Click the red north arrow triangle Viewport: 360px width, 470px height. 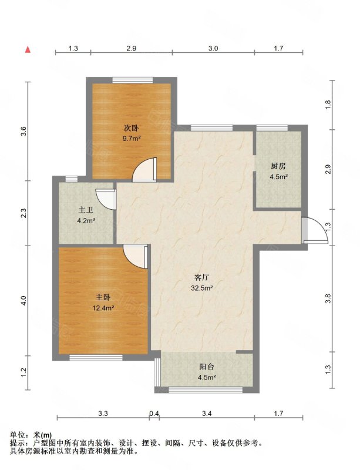tap(28, 50)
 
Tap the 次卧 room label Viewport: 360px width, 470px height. tap(132, 129)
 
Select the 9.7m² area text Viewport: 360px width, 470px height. tap(132, 139)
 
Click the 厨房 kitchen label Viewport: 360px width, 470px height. tap(278, 166)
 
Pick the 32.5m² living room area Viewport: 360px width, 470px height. tap(202, 288)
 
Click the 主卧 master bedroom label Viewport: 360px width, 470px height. tap(103, 297)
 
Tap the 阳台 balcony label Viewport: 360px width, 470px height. tap(207, 367)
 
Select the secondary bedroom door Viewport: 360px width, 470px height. tap(144, 170)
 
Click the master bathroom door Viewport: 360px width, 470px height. tap(106, 199)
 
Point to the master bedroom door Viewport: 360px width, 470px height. tap(136, 257)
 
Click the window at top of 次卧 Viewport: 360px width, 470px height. tap(133, 80)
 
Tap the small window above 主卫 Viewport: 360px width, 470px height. tap(71, 179)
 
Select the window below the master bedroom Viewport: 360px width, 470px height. tap(96, 358)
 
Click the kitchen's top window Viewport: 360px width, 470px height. tap(272, 128)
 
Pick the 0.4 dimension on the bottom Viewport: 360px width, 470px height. tap(154, 414)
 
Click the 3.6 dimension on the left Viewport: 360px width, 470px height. tap(24, 131)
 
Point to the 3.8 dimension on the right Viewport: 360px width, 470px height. tap(328, 298)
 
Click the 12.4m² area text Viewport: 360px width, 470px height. tap(103, 307)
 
